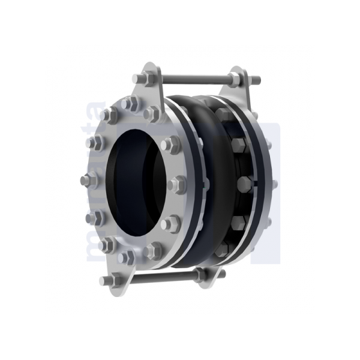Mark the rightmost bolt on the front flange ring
(178, 184)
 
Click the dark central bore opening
(135, 180)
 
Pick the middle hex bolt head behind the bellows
(245, 184)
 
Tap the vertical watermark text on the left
(93, 180)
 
